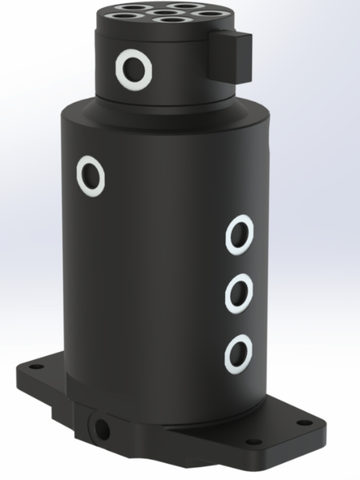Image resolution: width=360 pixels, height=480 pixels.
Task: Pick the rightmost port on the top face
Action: pyautogui.click(x=205, y=14)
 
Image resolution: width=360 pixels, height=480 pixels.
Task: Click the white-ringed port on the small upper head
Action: pyautogui.click(x=134, y=69)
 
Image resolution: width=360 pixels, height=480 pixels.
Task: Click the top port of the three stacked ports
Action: pyautogui.click(x=238, y=236)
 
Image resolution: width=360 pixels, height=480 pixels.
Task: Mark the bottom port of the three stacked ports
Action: pyautogui.click(x=238, y=354)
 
